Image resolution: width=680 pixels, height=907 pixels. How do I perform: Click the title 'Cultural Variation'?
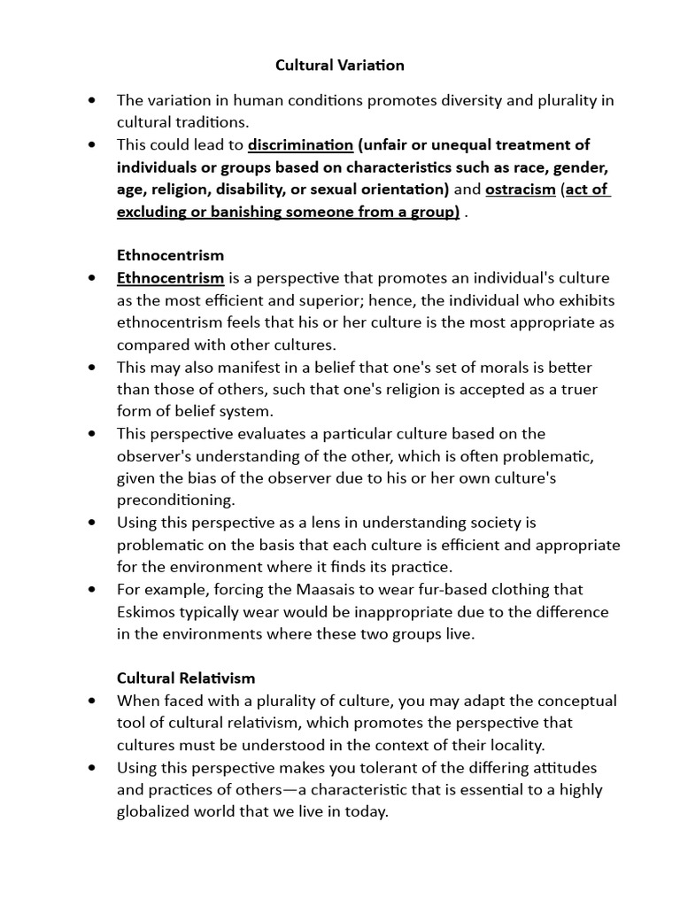click(x=339, y=65)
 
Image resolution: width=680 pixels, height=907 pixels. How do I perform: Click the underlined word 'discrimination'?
click(x=300, y=144)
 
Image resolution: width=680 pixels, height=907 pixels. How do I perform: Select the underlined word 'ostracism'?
click(x=520, y=190)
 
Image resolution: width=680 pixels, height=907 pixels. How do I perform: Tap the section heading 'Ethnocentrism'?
click(x=170, y=256)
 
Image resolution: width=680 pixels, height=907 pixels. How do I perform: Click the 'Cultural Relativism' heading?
click(x=186, y=678)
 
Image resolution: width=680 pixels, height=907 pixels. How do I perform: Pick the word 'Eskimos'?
click(x=146, y=611)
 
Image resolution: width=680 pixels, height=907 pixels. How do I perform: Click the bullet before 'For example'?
click(x=93, y=589)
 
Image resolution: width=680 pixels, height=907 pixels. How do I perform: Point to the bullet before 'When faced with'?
click(x=93, y=701)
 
